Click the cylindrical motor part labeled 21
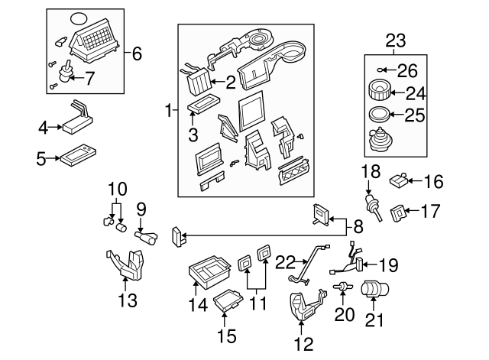tap(374, 291)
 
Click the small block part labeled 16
tap(397, 181)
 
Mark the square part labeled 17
tap(399, 210)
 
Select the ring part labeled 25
tap(376, 116)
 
